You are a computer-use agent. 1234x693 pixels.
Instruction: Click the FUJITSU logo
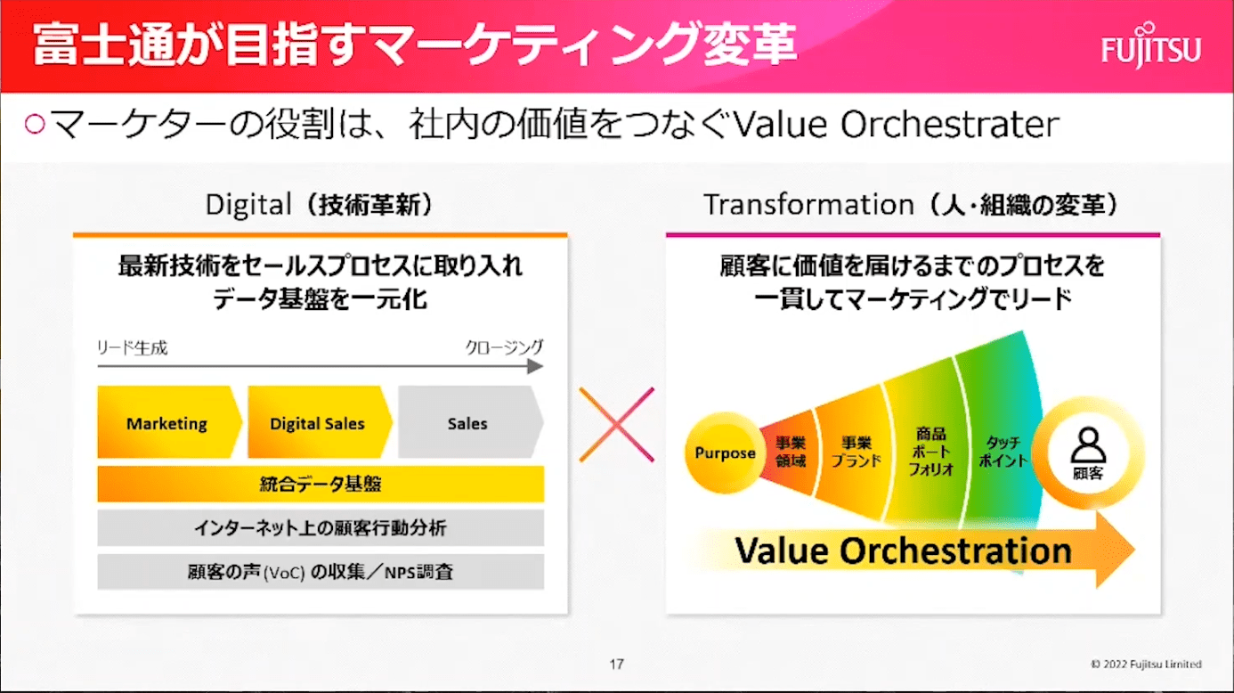coord(1151,46)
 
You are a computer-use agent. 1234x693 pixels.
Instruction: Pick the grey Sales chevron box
coord(470,421)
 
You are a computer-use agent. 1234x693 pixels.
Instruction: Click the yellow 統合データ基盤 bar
coord(321,484)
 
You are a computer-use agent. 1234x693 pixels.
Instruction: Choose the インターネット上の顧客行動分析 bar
coord(321,527)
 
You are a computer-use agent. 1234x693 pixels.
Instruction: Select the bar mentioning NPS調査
coord(321,572)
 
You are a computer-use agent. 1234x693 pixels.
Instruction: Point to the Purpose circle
coord(724,452)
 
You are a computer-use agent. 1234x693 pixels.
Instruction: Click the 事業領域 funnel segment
coord(790,452)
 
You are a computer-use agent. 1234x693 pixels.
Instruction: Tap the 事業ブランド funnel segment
coord(854,452)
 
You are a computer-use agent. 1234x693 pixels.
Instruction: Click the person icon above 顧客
coord(1088,444)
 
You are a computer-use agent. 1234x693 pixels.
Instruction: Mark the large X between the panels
coord(616,425)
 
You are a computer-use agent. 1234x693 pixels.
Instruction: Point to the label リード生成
coord(132,348)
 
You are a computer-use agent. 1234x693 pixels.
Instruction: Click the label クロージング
coord(505,346)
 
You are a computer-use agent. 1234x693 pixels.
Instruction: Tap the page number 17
coord(616,664)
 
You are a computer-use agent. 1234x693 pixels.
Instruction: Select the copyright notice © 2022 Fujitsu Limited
coord(1147,664)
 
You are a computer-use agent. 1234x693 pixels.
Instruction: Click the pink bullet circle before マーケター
coord(35,124)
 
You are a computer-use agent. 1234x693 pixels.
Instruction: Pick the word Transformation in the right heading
coord(808,205)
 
